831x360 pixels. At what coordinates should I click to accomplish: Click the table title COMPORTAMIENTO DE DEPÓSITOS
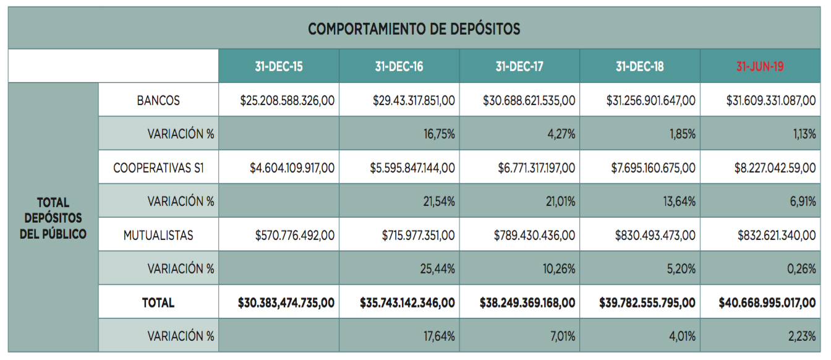414,28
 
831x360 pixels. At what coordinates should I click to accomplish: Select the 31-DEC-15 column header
279,66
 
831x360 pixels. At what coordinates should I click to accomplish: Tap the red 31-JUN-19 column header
760,66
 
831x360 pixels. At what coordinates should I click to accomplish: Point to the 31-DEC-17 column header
519,66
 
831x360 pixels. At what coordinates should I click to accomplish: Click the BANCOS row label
158,100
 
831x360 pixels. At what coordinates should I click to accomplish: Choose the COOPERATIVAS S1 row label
158,168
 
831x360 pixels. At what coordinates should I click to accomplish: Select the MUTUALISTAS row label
158,235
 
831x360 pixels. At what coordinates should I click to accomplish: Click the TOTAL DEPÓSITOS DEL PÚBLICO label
53,218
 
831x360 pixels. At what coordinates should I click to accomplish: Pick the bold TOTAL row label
158,302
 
